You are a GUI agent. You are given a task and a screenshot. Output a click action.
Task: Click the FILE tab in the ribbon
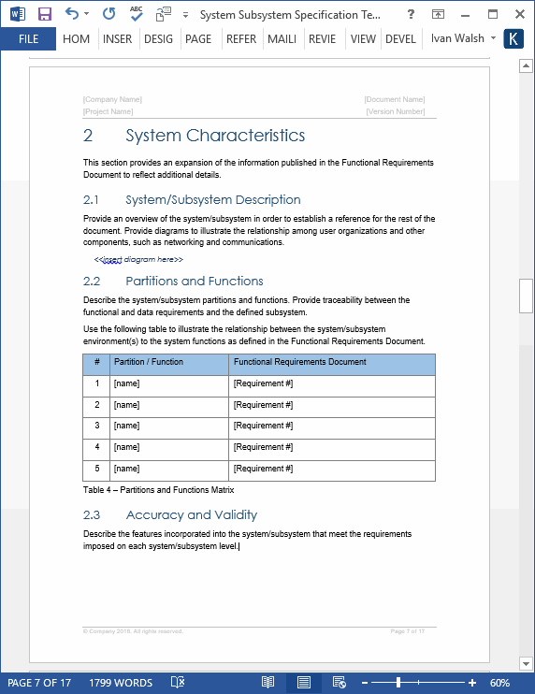click(x=28, y=39)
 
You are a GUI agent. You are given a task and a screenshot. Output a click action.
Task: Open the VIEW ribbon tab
click(x=363, y=39)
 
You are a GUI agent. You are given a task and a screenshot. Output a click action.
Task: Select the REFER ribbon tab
click(x=240, y=39)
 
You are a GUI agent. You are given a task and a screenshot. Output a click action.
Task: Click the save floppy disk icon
click(x=44, y=14)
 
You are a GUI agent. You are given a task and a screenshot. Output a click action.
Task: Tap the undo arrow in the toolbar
click(x=72, y=14)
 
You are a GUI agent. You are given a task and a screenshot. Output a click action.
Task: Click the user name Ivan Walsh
click(x=457, y=39)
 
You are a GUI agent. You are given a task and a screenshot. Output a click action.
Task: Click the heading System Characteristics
click(x=215, y=136)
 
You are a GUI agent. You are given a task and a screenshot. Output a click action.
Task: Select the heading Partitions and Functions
click(x=195, y=281)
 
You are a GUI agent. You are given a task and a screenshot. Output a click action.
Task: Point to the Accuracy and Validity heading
click(x=191, y=514)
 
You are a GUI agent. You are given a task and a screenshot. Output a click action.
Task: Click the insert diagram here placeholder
click(x=138, y=259)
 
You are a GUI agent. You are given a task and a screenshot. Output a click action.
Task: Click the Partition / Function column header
click(x=149, y=362)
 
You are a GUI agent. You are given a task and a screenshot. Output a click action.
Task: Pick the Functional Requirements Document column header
click(x=299, y=362)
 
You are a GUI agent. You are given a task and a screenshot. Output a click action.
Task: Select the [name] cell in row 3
click(x=126, y=426)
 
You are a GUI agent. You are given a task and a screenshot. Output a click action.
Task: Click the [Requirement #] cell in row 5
click(x=263, y=469)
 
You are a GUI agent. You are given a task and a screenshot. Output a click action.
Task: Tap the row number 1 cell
click(x=96, y=383)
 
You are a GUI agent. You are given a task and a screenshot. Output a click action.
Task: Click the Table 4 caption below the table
click(x=158, y=490)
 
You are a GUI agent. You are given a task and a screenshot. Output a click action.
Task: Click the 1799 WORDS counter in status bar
click(x=122, y=683)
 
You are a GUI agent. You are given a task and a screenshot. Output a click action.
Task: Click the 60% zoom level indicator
click(x=499, y=683)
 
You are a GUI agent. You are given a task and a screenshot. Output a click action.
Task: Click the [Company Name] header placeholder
click(x=112, y=99)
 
